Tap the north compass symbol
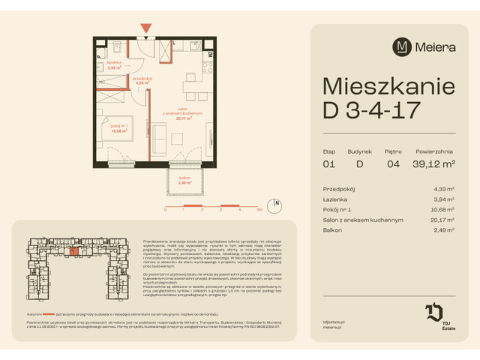point(277,203)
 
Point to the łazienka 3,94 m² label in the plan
point(114,65)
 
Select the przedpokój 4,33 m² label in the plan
point(142,81)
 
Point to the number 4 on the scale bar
point(238,211)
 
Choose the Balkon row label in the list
point(332,231)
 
